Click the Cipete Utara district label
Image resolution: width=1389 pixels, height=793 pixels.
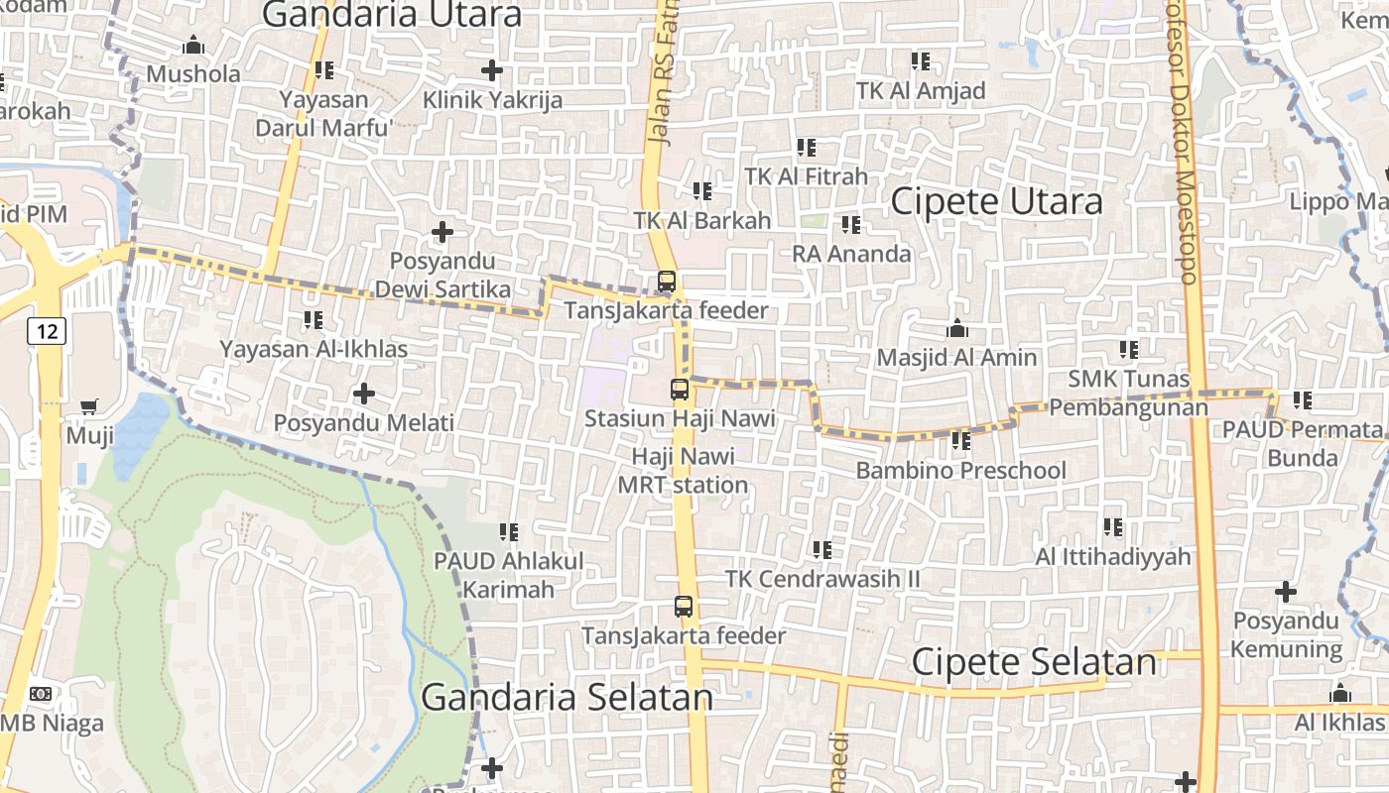coord(996,201)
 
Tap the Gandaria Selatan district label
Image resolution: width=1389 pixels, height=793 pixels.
coord(567,697)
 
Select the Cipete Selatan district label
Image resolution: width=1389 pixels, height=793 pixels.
coord(1034,662)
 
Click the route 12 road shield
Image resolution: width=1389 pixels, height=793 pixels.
coord(47,330)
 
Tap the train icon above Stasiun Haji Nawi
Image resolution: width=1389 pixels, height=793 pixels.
coord(680,390)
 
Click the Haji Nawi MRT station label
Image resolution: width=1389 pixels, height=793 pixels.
coord(683,471)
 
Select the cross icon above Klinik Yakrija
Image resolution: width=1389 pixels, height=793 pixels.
coord(491,70)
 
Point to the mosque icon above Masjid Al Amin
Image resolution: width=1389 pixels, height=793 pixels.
coord(957,328)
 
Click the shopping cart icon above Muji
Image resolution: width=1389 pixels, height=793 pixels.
coord(89,405)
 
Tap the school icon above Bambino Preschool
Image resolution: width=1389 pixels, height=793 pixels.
coord(960,441)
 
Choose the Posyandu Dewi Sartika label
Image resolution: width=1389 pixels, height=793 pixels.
coord(442,276)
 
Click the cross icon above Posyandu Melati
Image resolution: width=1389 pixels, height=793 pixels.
coord(364,394)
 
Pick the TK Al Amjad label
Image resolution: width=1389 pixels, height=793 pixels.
coord(921,91)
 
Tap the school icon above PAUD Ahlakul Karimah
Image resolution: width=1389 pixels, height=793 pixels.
coord(509,532)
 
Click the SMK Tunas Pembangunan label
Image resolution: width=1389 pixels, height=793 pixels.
coord(1129,394)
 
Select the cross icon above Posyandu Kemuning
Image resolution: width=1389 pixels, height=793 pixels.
coord(1286,593)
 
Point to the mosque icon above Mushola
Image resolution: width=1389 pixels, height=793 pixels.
coord(193,46)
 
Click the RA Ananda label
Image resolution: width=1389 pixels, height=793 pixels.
coord(851,254)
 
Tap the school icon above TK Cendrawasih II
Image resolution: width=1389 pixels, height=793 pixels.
coord(822,549)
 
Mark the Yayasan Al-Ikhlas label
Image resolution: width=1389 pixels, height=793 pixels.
coord(314,349)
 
